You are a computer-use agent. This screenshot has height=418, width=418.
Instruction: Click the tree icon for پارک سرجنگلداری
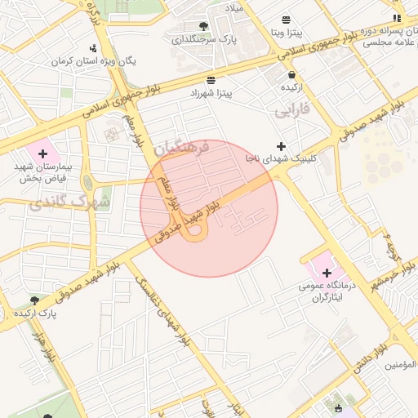tap(203, 26)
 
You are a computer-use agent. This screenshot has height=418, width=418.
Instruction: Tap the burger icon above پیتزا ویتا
tap(286, 20)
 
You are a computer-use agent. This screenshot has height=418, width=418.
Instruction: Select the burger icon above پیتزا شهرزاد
tap(211, 80)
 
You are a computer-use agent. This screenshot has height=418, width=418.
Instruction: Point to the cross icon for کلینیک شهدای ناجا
tap(282, 145)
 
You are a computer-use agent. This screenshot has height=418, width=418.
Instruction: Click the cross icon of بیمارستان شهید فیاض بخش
tap(43, 153)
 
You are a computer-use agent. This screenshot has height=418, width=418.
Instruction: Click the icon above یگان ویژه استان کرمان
tap(92, 47)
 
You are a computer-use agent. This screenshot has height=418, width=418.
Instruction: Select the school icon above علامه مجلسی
tap(397, 18)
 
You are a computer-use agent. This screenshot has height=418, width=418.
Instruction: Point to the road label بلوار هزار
tap(43, 347)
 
